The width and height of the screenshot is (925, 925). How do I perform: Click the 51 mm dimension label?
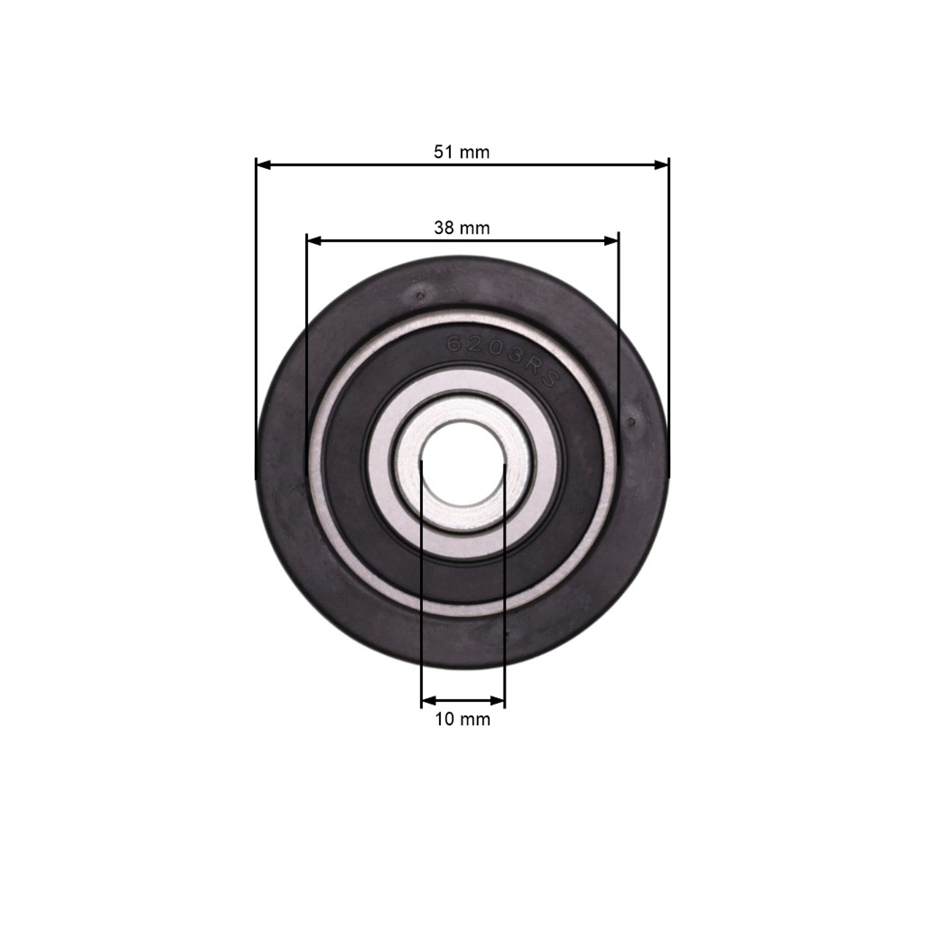tap(462, 152)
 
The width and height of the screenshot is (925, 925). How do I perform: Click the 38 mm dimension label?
tap(462, 228)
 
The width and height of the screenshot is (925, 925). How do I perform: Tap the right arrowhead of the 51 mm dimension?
tap(661, 165)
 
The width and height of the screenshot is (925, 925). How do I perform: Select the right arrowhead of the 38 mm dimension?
tap(611, 241)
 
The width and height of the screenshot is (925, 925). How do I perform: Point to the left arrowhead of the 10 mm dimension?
tap(429, 701)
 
